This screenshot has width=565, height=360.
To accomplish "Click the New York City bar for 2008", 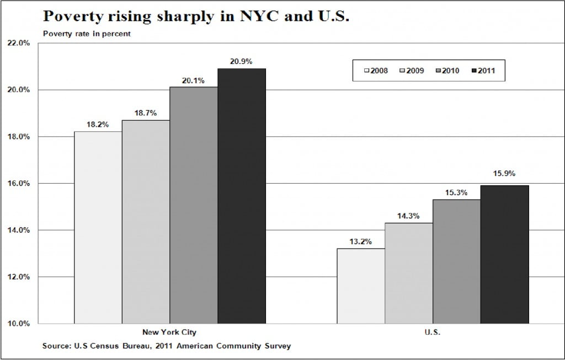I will pyautogui.click(x=98, y=227).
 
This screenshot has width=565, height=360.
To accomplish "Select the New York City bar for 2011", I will pyautogui.click(x=242, y=196).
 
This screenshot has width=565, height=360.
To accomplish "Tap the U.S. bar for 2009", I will pyautogui.click(x=409, y=273).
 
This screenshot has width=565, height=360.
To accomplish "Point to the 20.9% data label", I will pyautogui.click(x=241, y=62).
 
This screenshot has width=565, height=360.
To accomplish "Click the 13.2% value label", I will pyautogui.click(x=361, y=241).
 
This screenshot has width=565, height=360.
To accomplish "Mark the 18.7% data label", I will pyautogui.click(x=146, y=113).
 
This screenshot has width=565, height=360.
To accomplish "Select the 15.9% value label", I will pyautogui.click(x=504, y=173).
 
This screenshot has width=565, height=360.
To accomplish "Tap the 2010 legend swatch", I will pyautogui.click(x=438, y=71).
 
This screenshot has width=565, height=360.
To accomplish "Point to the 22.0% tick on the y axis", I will pyautogui.click(x=18, y=44).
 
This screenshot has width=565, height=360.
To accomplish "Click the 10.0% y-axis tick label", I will pyautogui.click(x=18, y=323).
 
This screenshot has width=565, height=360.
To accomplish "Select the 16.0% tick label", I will pyautogui.click(x=18, y=184).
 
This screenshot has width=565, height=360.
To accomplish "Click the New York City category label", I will pyautogui.click(x=169, y=332).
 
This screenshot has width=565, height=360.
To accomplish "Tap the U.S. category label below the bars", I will pyautogui.click(x=433, y=332).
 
